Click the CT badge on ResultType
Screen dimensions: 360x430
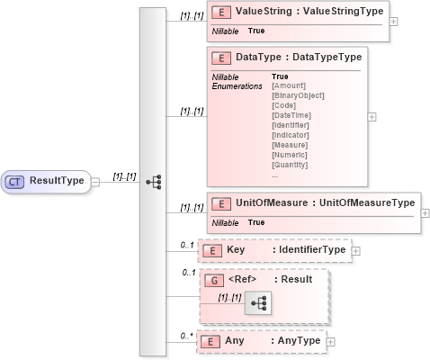pyautogui.click(x=15, y=181)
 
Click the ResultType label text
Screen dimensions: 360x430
pyautogui.click(x=58, y=181)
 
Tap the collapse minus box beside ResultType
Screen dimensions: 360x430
pyautogui.click(x=94, y=181)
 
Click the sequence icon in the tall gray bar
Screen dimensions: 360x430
pyautogui.click(x=153, y=182)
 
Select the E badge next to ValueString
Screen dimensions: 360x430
pyautogui.click(x=219, y=13)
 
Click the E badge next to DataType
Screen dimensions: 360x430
pyautogui.click(x=219, y=58)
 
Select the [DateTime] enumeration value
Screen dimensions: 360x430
pyautogui.click(x=291, y=115)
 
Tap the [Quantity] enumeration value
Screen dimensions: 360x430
pyautogui.click(x=290, y=165)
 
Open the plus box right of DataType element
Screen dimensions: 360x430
pyautogui.click(x=372, y=116)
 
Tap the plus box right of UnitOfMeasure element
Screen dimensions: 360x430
pyautogui.click(x=425, y=212)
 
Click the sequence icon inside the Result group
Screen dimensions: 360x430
pyautogui.click(x=257, y=304)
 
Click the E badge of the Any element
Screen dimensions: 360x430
pyautogui.click(x=210, y=342)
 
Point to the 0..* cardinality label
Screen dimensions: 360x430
pyautogui.click(x=187, y=336)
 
